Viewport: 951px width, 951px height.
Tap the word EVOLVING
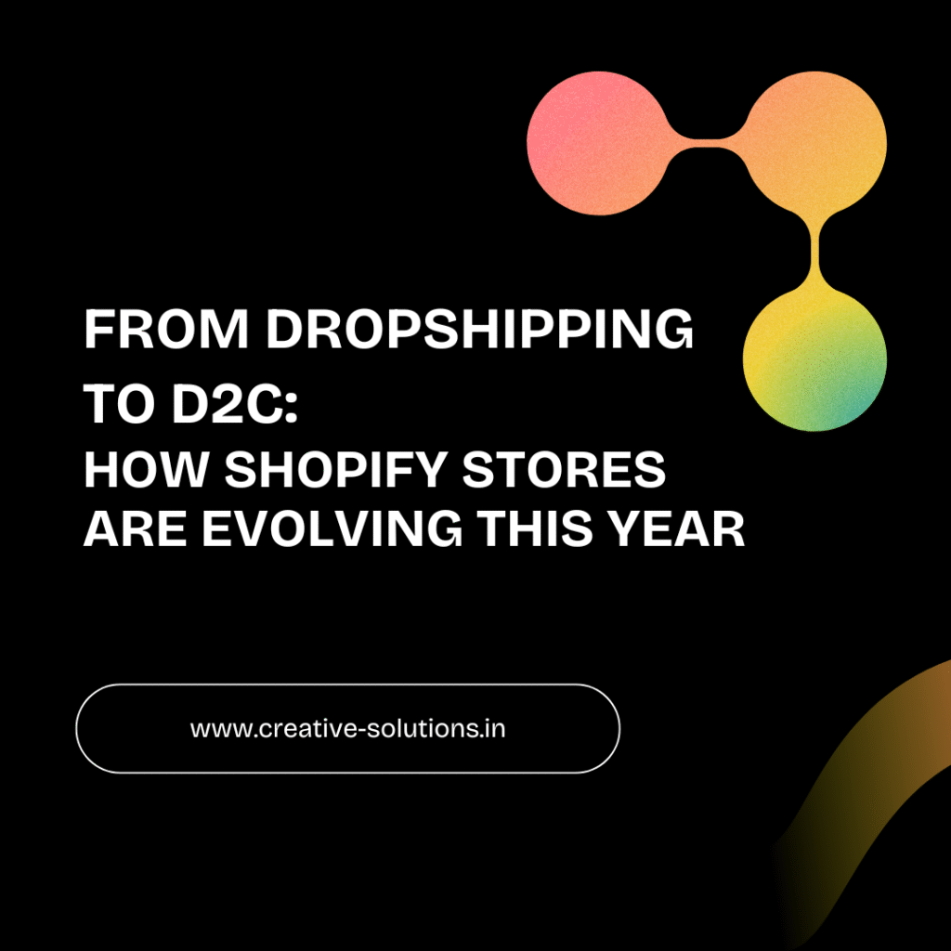click(x=332, y=530)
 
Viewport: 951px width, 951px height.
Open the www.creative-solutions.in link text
click(x=347, y=728)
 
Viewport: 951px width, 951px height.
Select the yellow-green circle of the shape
click(x=814, y=359)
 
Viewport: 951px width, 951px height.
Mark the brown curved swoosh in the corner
click(x=873, y=771)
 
